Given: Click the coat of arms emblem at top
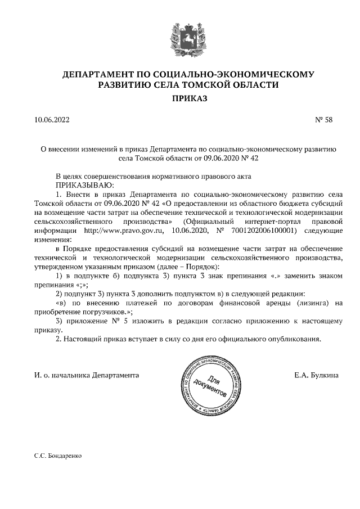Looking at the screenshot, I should tap(181, 41).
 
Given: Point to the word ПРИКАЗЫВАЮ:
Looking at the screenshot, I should tap(84, 184).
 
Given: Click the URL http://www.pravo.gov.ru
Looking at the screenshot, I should tap(122, 231).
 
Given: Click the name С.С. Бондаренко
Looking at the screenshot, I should tap(58, 457).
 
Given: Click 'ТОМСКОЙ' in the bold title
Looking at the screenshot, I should tap(217, 85).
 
